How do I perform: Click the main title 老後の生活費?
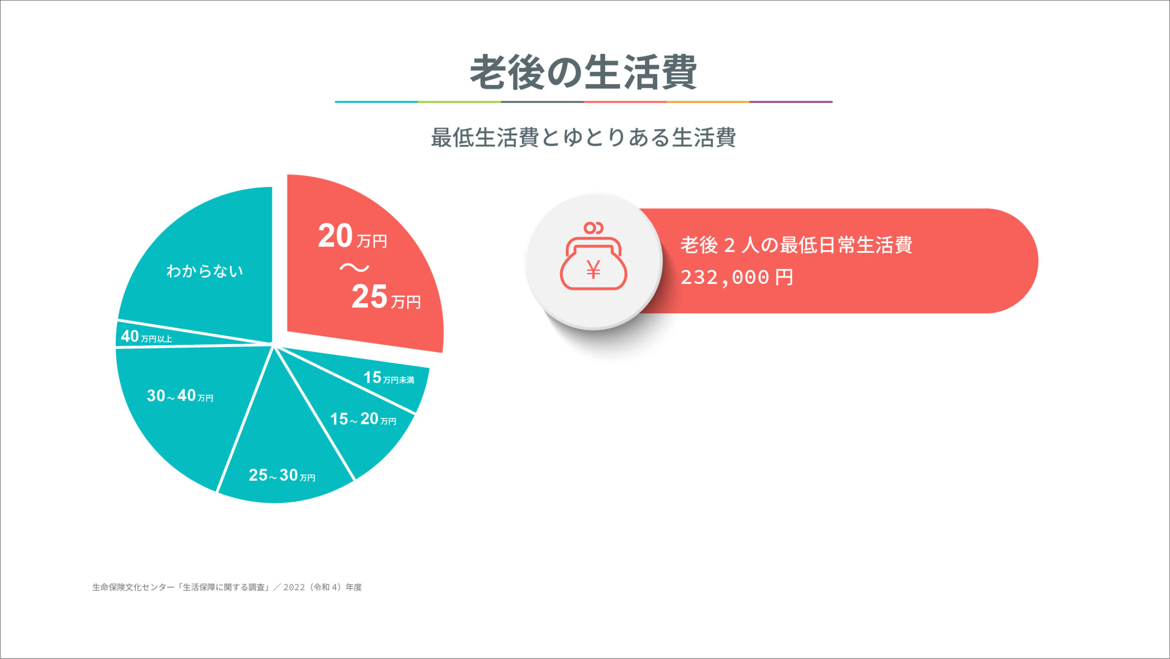pos(583,72)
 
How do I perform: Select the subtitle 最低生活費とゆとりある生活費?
pos(583,137)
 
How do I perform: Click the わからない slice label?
pos(204,271)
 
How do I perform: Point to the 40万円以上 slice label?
pos(146,337)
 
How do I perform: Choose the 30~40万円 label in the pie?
pos(180,396)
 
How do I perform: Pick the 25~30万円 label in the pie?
pos(282,475)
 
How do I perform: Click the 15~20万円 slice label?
pos(363,419)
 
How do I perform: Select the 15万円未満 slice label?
pos(389,378)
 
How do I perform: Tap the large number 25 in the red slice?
pos(369,296)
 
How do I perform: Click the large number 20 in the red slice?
pos(335,236)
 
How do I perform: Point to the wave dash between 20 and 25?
pos(355,267)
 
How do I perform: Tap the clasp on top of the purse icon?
pos(594,228)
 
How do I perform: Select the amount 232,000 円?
pos(737,277)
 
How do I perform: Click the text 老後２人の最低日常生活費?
pos(797,245)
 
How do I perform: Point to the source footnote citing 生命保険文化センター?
pos(227,587)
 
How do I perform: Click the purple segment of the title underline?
pos(791,102)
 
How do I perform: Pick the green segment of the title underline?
pos(459,102)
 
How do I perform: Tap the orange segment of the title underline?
pos(708,102)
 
